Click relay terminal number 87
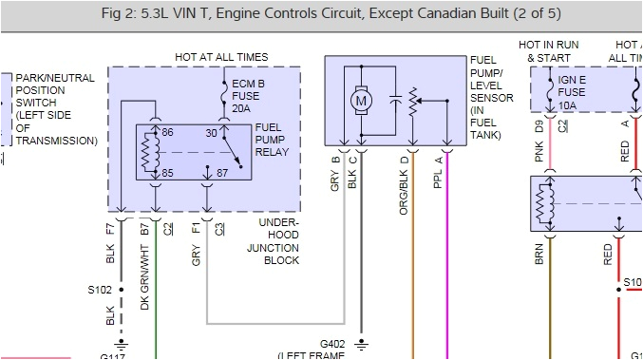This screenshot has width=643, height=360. pos(221,173)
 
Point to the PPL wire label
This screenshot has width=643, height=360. pos(438,177)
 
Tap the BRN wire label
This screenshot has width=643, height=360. pos(539,254)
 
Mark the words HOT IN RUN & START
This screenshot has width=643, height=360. pos(550,52)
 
